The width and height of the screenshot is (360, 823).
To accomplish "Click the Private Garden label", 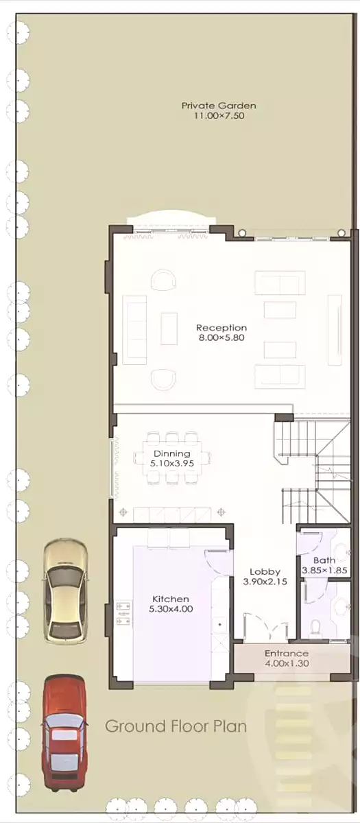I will pos(219,106).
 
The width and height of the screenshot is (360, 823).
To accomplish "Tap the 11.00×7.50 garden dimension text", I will pos(219,117).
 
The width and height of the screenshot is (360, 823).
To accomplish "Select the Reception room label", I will pos(221,328).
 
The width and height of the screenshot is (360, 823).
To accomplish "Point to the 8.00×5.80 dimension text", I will pos(221,338).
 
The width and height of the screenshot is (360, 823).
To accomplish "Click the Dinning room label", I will pos(171,453).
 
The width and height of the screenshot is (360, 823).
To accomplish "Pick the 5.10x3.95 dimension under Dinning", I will pos(171,464).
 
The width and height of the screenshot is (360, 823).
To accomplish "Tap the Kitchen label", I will pos(171,599).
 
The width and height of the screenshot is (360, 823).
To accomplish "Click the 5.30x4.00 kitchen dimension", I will pos(171,609).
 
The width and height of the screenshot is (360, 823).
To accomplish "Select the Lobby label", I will pos(264,571).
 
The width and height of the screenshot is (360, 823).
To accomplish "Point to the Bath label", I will pos(325,560).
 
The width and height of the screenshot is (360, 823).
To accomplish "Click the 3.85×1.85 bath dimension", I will pos(325,570).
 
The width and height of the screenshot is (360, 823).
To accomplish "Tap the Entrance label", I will pos(286,654).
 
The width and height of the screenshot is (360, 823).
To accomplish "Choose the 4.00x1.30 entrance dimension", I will pos(286,664).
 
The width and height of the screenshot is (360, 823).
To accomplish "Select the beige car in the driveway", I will pos(66,591).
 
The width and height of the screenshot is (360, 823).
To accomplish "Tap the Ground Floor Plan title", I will pos(176,726).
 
